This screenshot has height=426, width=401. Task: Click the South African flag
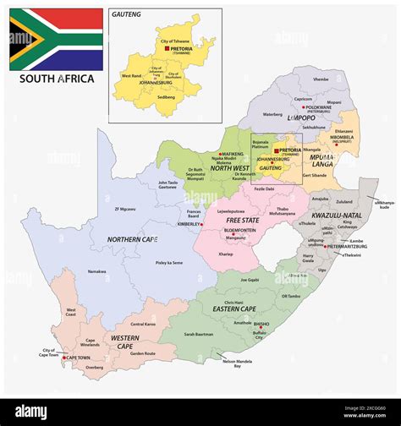[56, 39]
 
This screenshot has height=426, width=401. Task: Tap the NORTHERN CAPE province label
[132, 240]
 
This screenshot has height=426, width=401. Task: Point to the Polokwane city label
[318, 108]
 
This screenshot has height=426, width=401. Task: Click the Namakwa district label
[96, 271]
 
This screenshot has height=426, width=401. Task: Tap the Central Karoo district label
[142, 324]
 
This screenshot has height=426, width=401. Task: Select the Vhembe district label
[321, 79]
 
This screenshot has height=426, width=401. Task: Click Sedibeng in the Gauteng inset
[166, 97]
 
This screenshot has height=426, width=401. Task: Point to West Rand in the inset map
[131, 76]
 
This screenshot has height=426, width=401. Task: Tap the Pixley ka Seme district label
[170, 263]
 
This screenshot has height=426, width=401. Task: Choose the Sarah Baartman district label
[200, 335]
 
